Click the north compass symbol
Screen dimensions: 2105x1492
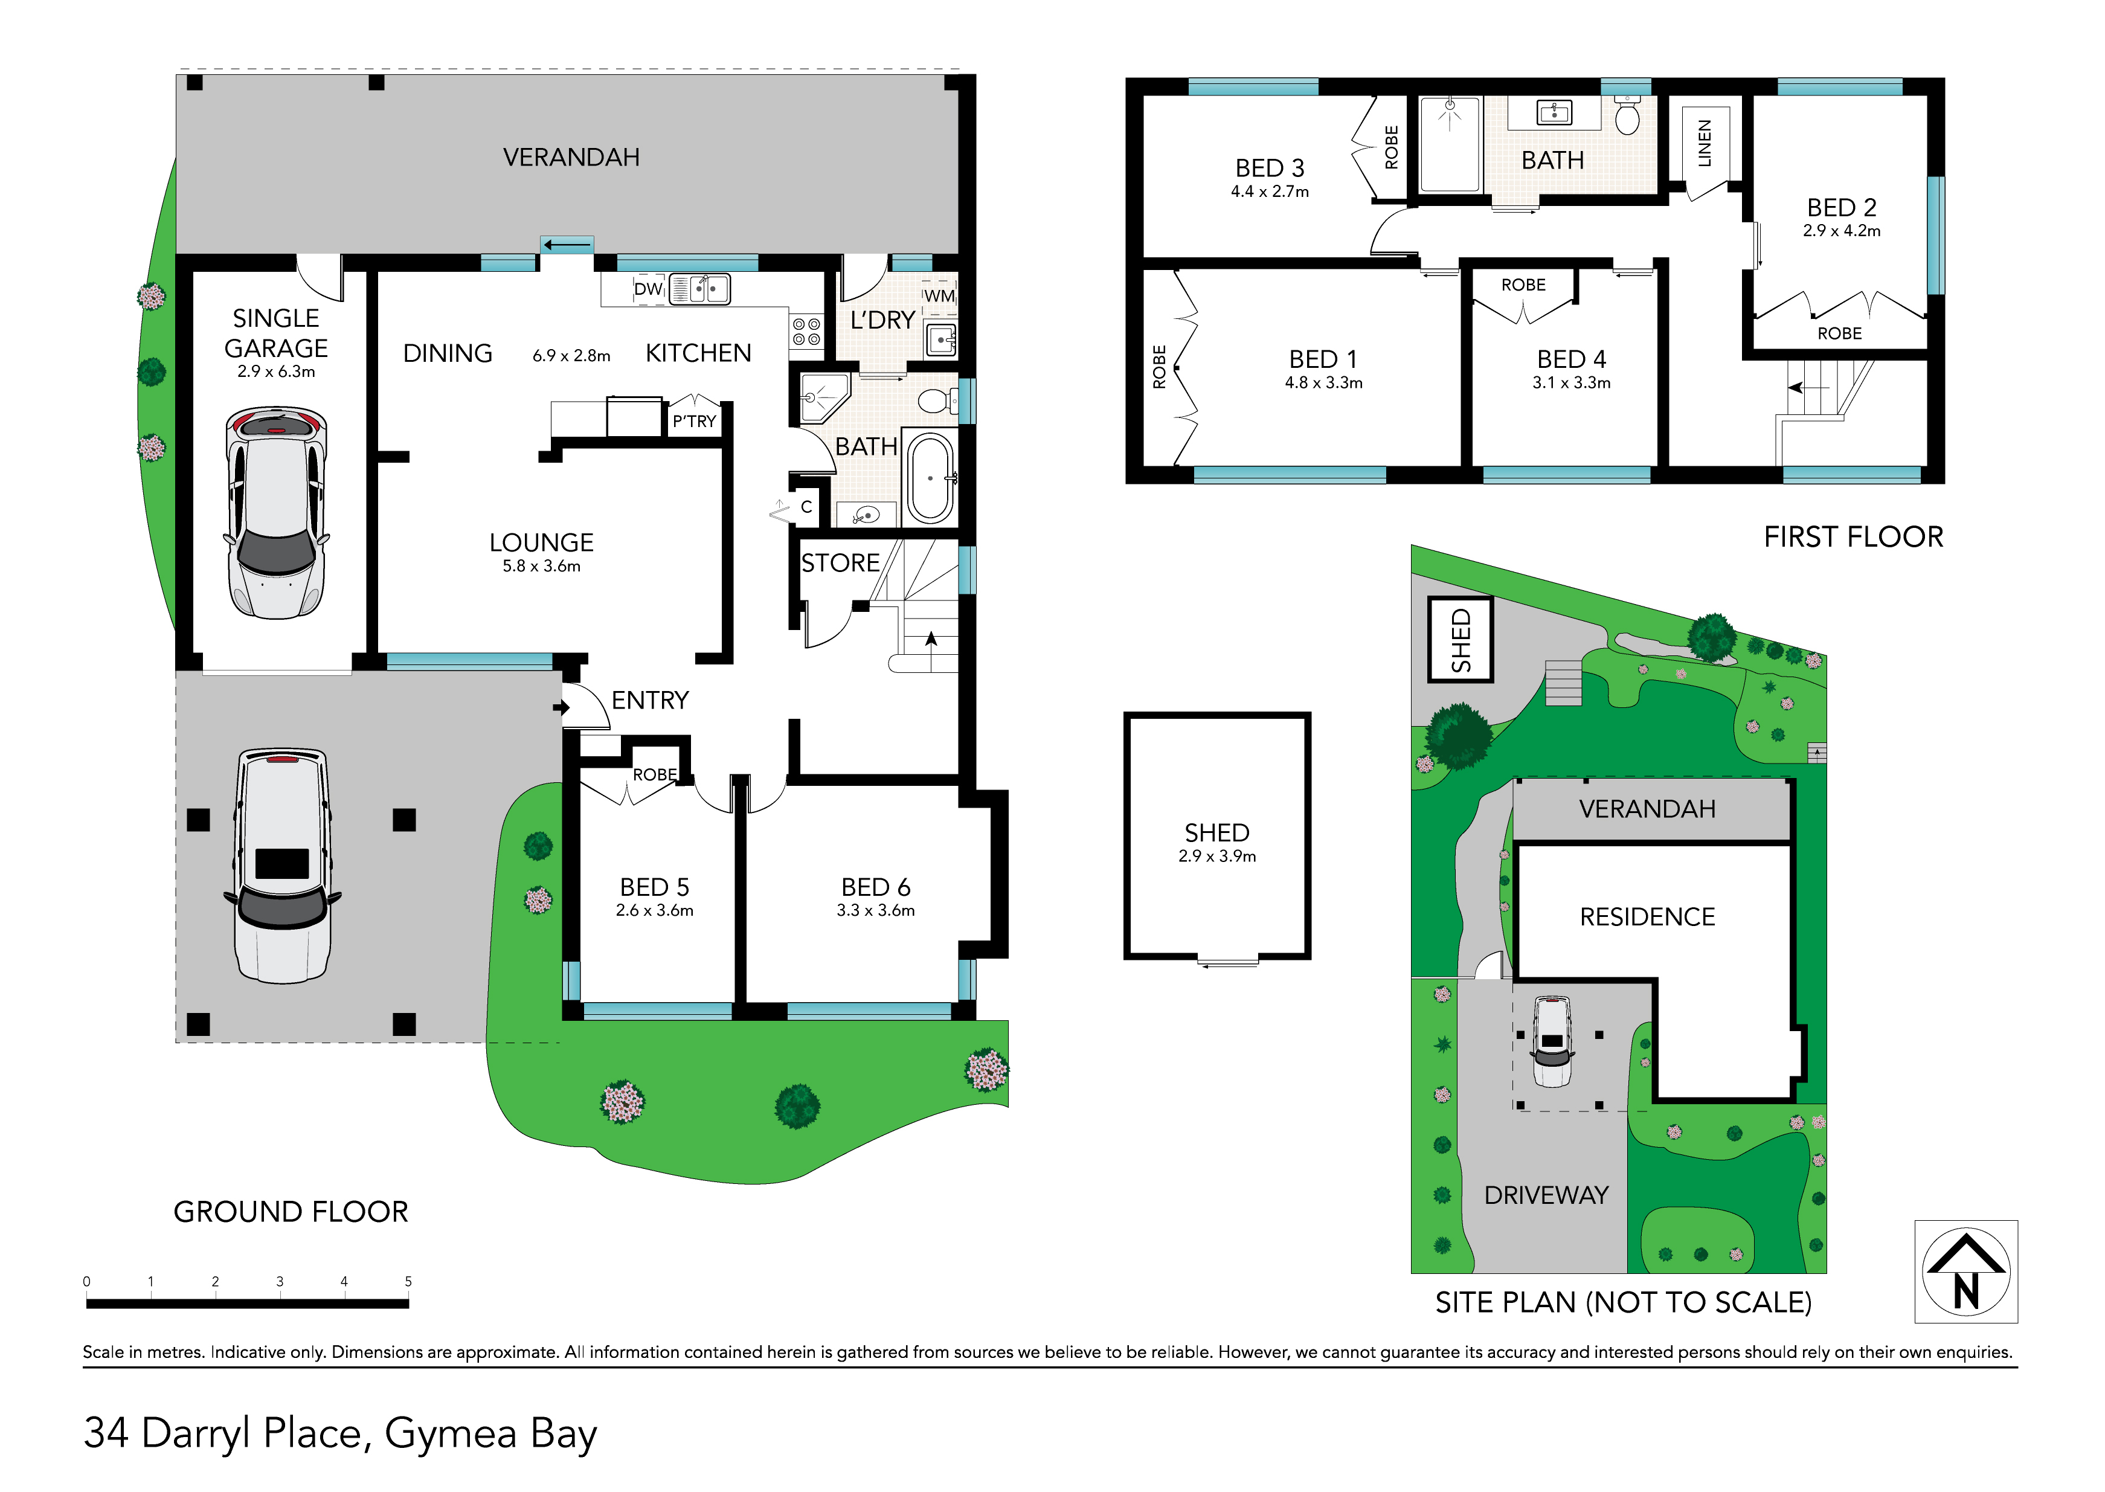(x=1965, y=1272)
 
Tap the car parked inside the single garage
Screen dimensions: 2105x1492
(x=277, y=513)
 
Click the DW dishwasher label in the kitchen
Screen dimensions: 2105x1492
(x=648, y=289)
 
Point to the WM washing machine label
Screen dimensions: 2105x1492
(x=939, y=296)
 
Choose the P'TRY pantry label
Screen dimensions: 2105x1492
(x=695, y=422)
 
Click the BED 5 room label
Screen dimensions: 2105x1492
(x=654, y=887)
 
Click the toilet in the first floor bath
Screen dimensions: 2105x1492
(x=1627, y=116)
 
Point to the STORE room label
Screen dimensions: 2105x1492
(x=840, y=562)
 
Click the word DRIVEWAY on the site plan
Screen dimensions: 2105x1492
(x=1547, y=1195)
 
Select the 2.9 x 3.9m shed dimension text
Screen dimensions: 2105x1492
(x=1217, y=857)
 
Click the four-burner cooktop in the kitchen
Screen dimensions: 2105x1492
(x=806, y=332)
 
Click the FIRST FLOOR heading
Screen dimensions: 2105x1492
(x=1853, y=536)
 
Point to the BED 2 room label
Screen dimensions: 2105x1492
(x=1842, y=208)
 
